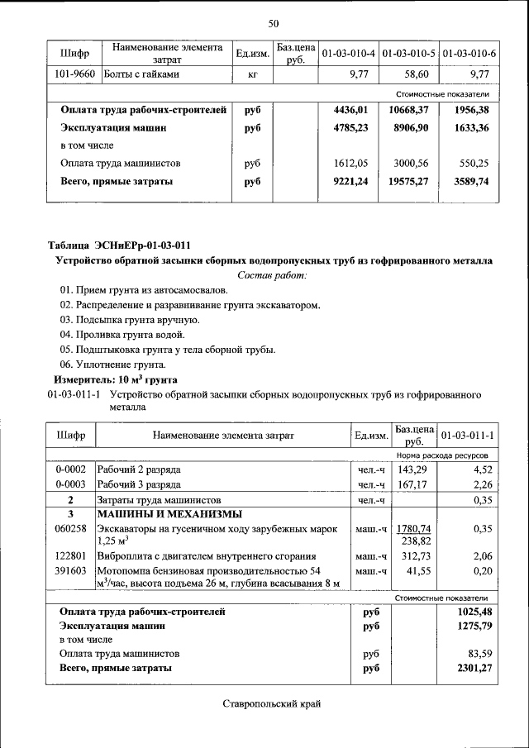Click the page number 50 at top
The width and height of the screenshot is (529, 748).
[274, 22]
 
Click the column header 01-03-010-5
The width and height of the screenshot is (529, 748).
[411, 54]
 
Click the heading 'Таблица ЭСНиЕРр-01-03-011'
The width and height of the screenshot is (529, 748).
[119, 245]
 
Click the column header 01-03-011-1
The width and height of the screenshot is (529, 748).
[468, 435]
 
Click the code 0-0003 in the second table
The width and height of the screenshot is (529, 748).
[71, 484]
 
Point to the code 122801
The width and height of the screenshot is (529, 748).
[71, 556]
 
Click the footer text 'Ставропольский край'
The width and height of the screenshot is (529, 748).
[271, 703]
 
